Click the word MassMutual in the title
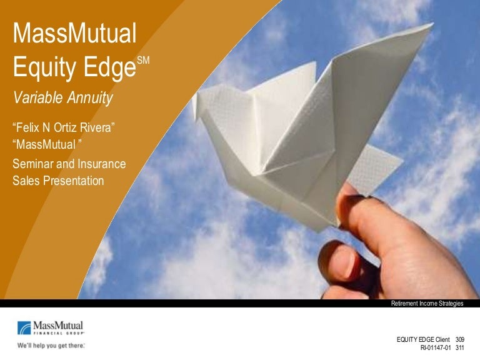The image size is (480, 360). pyautogui.click(x=74, y=34)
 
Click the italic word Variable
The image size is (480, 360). pyautogui.click(x=36, y=97)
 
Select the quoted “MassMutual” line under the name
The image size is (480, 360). pyautogui.click(x=47, y=145)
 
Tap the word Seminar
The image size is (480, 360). pyautogui.click(x=35, y=164)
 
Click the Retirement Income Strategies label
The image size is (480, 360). pyautogui.click(x=427, y=304)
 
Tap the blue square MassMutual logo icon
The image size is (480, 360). pyautogui.click(x=24, y=328)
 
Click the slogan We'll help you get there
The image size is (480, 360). pyautogui.click(x=51, y=344)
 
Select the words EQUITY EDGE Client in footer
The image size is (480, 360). pyautogui.click(x=422, y=339)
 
